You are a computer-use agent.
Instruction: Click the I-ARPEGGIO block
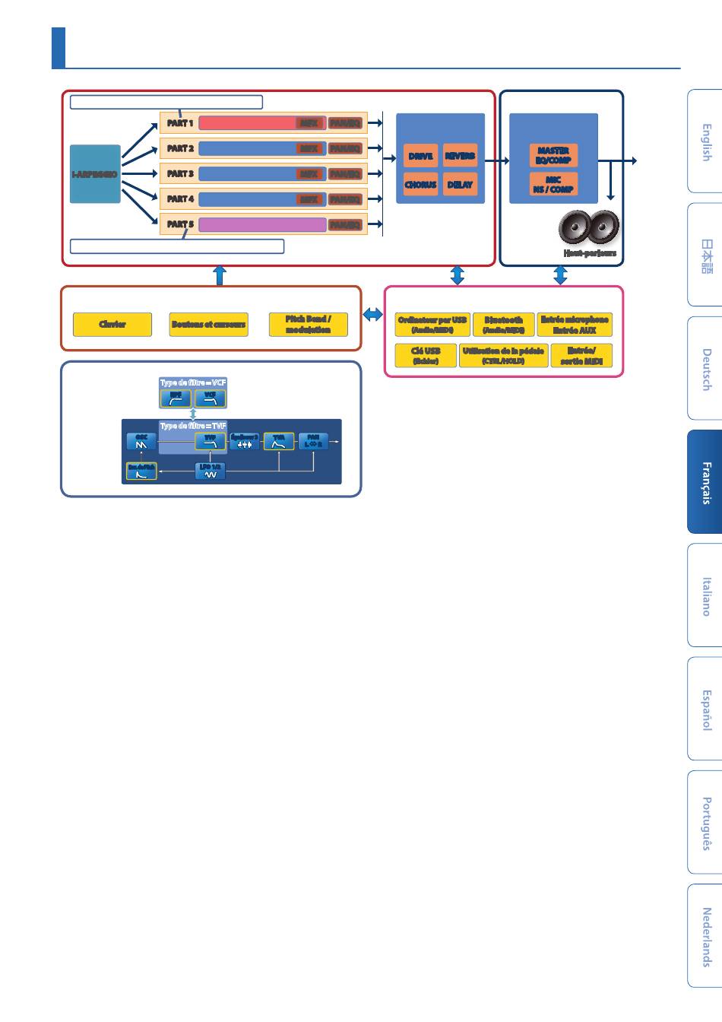pyautogui.click(x=95, y=174)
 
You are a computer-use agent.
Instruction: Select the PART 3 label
pyautogui.click(x=180, y=174)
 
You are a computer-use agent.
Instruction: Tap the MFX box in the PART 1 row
pyautogui.click(x=309, y=123)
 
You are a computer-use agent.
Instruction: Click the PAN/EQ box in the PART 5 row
pyautogui.click(x=345, y=225)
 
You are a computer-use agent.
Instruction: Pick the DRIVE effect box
pyautogui.click(x=420, y=156)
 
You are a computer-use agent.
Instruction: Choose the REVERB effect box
pyautogui.click(x=460, y=156)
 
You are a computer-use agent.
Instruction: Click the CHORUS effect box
pyautogui.click(x=420, y=184)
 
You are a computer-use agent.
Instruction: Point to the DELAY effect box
pyautogui.click(x=460, y=184)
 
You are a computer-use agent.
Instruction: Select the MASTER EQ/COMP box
pyautogui.click(x=553, y=155)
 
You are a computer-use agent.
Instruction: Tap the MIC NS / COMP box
pyautogui.click(x=553, y=185)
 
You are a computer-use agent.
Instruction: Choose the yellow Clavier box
pyautogui.click(x=112, y=325)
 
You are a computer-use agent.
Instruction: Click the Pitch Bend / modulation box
pyautogui.click(x=309, y=325)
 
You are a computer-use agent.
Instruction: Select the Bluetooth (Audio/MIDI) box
pyautogui.click(x=503, y=325)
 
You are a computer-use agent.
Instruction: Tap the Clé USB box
pyautogui.click(x=426, y=355)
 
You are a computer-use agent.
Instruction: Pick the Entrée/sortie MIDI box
pyautogui.click(x=581, y=355)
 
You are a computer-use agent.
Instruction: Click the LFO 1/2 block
pyautogui.click(x=211, y=471)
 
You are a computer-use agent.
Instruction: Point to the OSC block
pyautogui.click(x=141, y=441)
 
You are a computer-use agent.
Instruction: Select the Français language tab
pyautogui.click(x=705, y=482)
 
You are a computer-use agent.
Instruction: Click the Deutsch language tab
pyautogui.click(x=705, y=368)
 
